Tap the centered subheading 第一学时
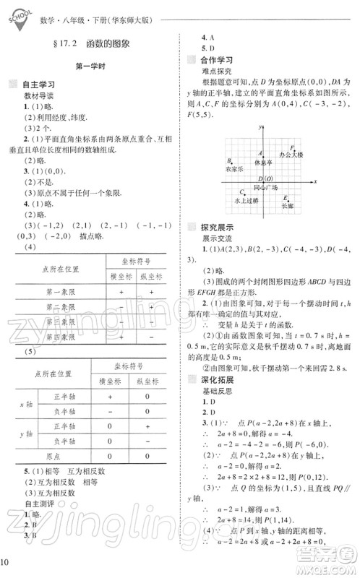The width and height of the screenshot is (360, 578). (91, 66)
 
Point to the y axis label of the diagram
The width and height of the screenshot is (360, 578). (259, 127)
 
